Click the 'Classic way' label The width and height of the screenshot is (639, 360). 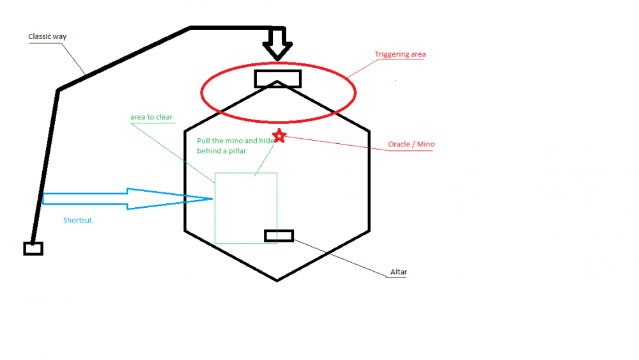point(47,36)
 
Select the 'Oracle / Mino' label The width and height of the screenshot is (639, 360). point(411,145)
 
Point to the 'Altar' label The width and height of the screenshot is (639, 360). point(398,272)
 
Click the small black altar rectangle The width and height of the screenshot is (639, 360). point(279,235)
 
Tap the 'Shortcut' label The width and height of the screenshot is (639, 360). point(77,220)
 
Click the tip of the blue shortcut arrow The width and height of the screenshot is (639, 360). point(211,199)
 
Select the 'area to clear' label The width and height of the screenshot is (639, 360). point(151,117)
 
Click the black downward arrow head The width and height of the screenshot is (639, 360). point(277,51)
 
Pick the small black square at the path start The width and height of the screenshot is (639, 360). point(33,248)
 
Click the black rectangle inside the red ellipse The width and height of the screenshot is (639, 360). point(277,78)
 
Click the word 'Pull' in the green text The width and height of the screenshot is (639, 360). point(204,140)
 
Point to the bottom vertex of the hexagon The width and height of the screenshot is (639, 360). point(277,280)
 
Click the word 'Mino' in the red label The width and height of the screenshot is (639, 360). point(426,145)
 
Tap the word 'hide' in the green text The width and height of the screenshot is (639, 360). point(268,140)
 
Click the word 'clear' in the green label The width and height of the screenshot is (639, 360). point(163,117)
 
